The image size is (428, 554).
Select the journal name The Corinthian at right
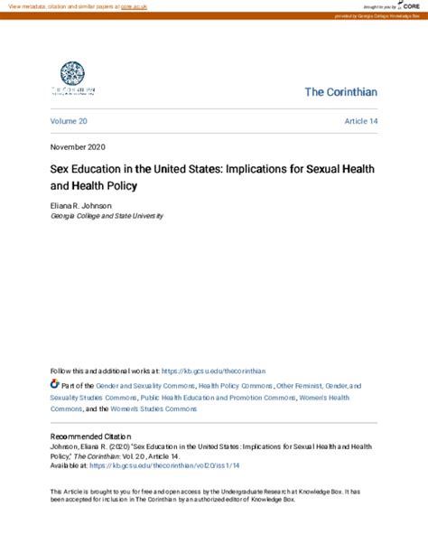[340, 93]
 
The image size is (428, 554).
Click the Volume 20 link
[70, 120]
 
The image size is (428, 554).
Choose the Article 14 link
[360, 120]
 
